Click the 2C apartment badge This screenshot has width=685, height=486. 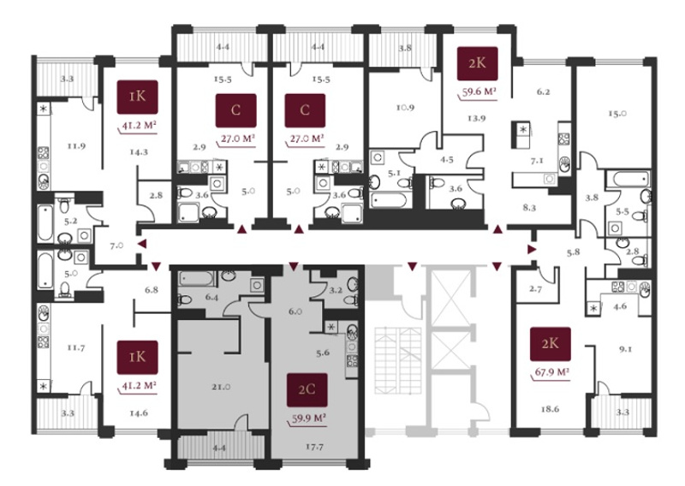(307, 389)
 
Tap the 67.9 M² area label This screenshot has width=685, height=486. (552, 372)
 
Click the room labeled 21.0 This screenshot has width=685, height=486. (221, 387)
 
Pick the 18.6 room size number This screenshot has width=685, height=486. (550, 409)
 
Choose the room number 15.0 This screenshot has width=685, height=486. (617, 114)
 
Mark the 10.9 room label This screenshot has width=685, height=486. (405, 107)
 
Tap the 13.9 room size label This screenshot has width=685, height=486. (476, 118)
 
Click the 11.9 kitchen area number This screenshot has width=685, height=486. (76, 145)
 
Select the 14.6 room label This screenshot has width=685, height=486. (138, 412)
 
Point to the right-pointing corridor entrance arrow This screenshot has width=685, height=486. (532, 249)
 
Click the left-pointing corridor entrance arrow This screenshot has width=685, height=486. (142, 245)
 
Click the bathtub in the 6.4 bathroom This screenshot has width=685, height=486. (197, 279)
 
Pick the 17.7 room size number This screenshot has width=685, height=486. (314, 447)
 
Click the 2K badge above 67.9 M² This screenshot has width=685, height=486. (551, 344)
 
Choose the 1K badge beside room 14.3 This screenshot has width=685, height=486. (138, 97)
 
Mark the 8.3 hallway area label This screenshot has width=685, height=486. (529, 208)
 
